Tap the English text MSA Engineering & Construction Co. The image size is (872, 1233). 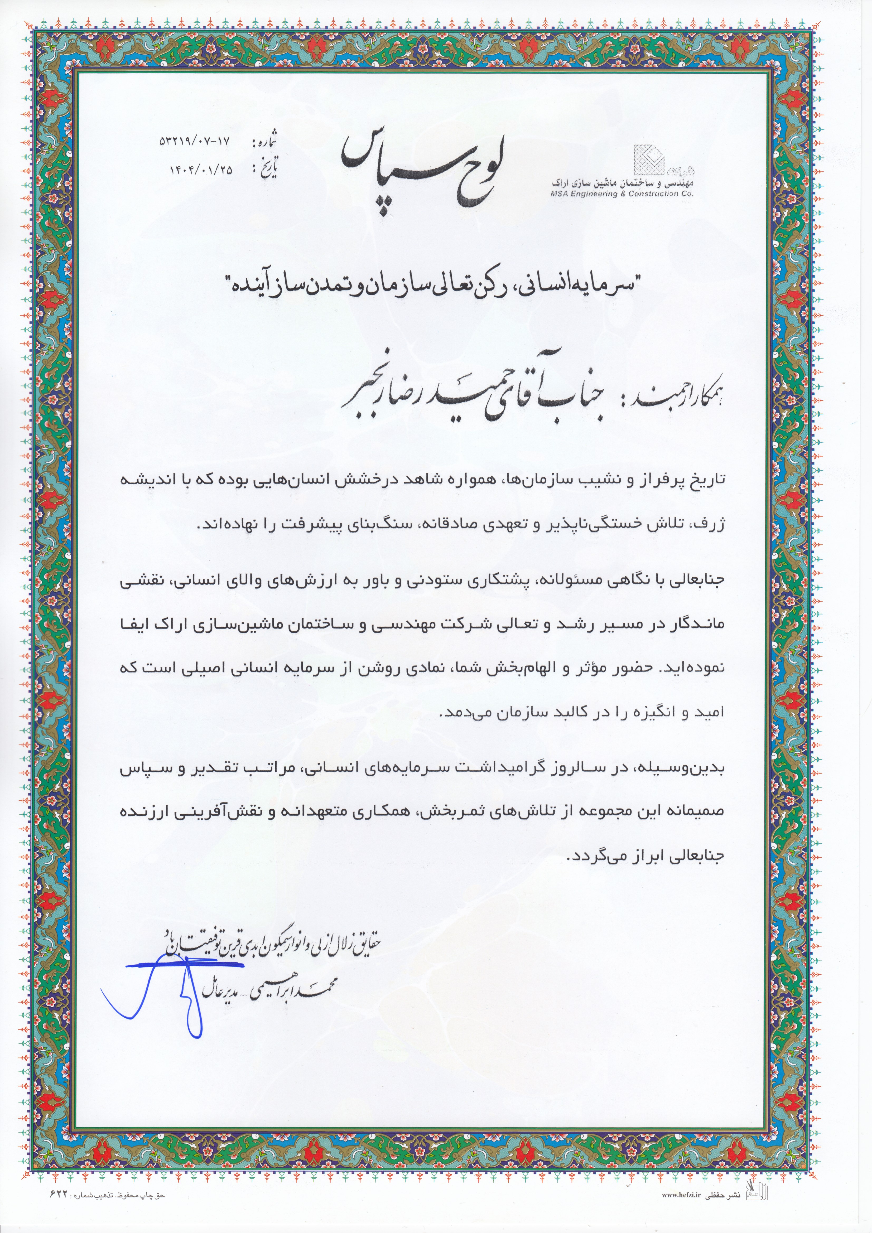point(622,194)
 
